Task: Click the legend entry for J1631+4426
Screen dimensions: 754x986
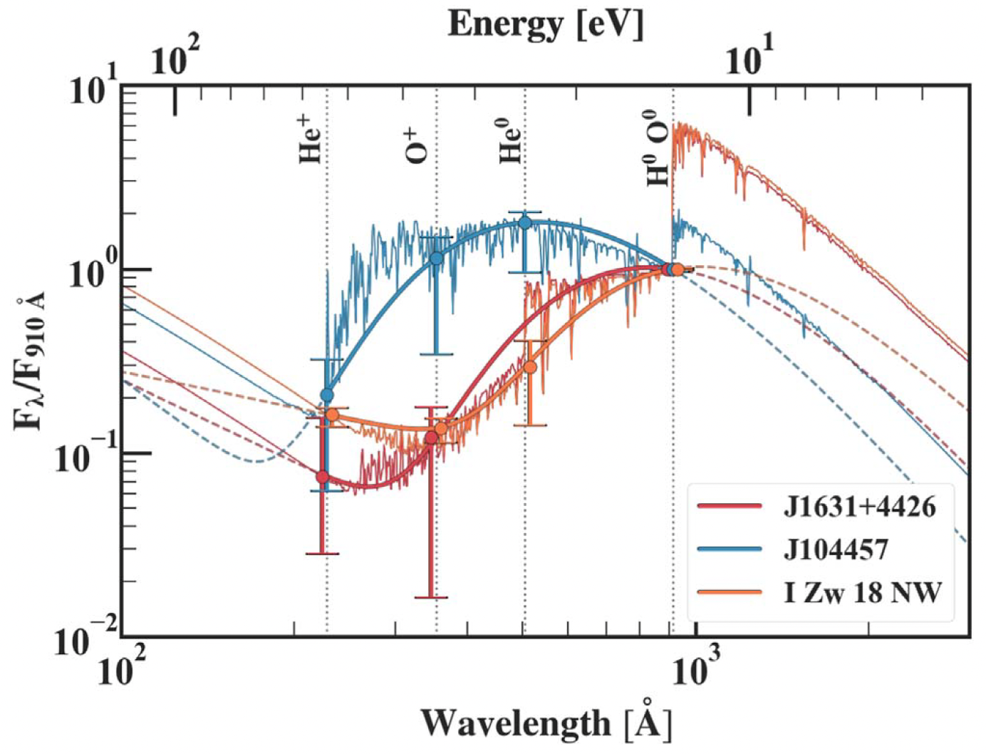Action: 859,507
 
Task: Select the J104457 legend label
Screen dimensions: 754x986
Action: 836,549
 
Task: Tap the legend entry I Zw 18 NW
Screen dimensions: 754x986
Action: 862,592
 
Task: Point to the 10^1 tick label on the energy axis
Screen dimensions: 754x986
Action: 749,57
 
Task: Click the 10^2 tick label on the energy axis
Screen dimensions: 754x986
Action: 175,57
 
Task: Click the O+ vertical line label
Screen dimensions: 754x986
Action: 418,145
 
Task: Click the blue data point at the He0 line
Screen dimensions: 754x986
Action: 525,222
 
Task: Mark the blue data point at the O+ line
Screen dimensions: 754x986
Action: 436,258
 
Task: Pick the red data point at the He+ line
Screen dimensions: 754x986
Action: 322,476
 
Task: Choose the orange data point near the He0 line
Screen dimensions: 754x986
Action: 530,367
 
